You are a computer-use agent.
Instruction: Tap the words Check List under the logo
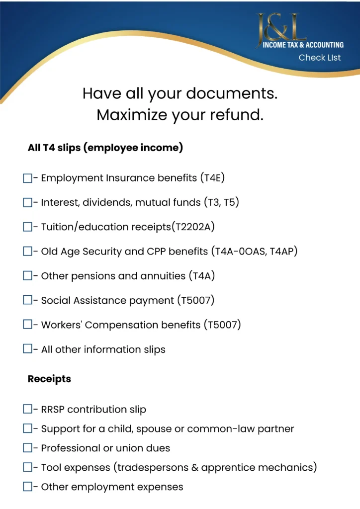(320, 58)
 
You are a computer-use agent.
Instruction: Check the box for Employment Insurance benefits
(27, 178)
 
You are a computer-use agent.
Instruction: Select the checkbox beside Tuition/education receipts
(27, 227)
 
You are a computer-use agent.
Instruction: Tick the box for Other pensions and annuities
(27, 276)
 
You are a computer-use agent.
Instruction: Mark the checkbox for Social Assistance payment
(27, 300)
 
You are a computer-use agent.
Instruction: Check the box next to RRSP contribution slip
(27, 410)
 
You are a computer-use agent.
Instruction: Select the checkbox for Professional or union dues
(27, 448)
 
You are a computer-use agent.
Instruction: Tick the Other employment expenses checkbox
(27, 487)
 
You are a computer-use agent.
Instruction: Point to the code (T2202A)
(192, 227)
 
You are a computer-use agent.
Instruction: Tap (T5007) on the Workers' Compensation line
(222, 325)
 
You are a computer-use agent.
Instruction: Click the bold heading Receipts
(49, 379)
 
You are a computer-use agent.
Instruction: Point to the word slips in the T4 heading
(68, 148)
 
